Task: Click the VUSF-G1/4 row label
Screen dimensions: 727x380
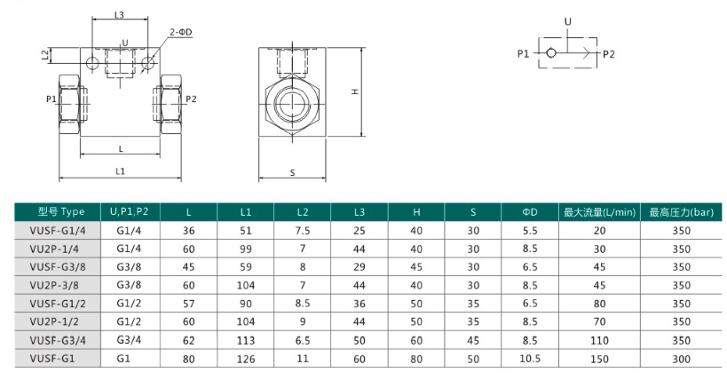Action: click(x=58, y=231)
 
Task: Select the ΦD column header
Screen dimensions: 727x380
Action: click(x=529, y=212)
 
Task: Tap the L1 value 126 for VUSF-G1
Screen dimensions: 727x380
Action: click(x=245, y=359)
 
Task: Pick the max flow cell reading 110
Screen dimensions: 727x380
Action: click(x=599, y=341)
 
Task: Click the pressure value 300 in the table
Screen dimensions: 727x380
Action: click(x=681, y=359)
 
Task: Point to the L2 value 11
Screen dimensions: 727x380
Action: click(x=303, y=358)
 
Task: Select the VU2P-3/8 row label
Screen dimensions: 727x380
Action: click(x=54, y=285)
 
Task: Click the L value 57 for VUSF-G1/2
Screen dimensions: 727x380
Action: click(x=188, y=304)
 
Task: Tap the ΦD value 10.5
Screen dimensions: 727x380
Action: click(x=529, y=358)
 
